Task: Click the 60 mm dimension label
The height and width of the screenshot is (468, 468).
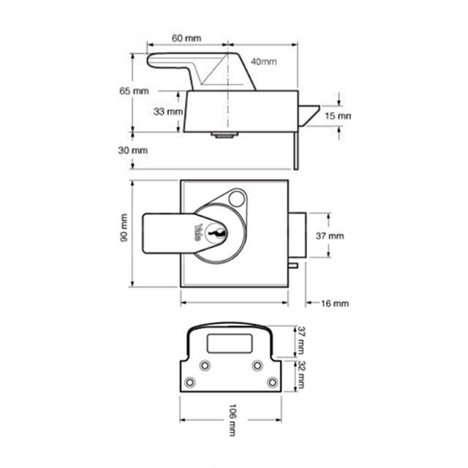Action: coord(186,37)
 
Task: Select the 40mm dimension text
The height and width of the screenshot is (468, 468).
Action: coord(263,61)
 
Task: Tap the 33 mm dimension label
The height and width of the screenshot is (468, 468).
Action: coord(167,111)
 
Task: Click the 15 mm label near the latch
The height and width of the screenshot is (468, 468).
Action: coord(337,116)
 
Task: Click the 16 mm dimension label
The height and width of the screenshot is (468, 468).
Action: coord(335,302)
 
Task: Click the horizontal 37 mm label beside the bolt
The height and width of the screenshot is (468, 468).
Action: coord(328,236)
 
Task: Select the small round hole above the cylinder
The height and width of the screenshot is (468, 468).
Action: coord(235,198)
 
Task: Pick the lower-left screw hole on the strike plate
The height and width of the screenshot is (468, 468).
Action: coord(191,382)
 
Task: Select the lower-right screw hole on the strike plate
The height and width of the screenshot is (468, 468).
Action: coord(272,382)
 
